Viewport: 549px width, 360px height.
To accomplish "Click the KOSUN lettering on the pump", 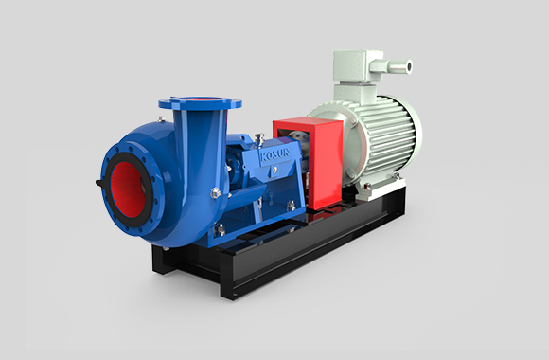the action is tap(275, 155).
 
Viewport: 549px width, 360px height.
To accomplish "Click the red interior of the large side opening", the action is tap(128, 189).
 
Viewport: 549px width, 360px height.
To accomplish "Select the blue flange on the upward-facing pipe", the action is tap(200, 102).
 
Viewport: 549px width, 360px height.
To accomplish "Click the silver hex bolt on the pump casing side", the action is tap(215, 193).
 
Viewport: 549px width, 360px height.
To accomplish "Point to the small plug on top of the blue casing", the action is tap(161, 119).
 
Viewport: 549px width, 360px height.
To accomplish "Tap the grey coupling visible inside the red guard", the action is tap(298, 137).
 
